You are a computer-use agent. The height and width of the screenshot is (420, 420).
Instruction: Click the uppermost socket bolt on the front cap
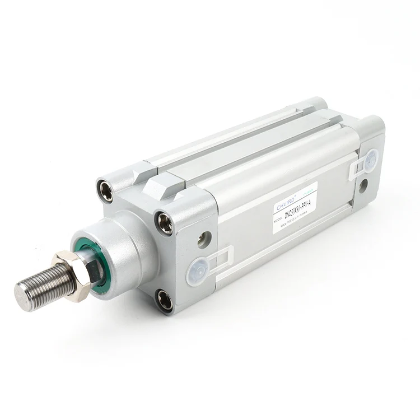click(105, 190)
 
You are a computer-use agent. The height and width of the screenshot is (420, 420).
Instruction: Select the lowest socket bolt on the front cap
click(165, 300)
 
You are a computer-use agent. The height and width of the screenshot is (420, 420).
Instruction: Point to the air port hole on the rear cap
click(362, 184)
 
